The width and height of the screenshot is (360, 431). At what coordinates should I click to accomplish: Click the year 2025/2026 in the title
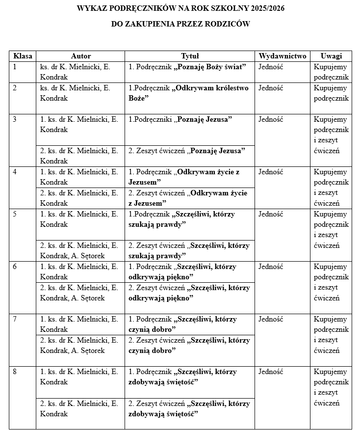(x=265, y=9)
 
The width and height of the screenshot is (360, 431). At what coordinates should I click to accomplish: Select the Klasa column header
(x=23, y=56)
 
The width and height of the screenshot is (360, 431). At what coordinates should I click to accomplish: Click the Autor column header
(x=80, y=56)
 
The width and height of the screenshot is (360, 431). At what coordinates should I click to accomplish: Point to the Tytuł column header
(x=190, y=56)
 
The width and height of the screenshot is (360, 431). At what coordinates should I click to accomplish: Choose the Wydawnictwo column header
(x=282, y=56)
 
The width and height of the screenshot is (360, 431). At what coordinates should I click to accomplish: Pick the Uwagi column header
(x=331, y=56)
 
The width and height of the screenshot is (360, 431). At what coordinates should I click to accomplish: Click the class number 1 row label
(x=15, y=67)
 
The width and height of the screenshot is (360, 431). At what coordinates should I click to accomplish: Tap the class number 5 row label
(x=15, y=214)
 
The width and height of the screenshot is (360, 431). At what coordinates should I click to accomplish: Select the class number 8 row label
(x=15, y=372)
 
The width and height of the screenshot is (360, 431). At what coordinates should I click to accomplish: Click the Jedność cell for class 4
(x=271, y=172)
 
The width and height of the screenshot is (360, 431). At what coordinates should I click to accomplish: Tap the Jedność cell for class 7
(x=271, y=319)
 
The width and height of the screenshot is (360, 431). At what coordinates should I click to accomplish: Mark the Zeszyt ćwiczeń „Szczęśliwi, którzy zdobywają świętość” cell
(x=189, y=408)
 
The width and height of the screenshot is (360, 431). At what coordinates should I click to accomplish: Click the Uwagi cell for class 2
(x=331, y=93)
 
